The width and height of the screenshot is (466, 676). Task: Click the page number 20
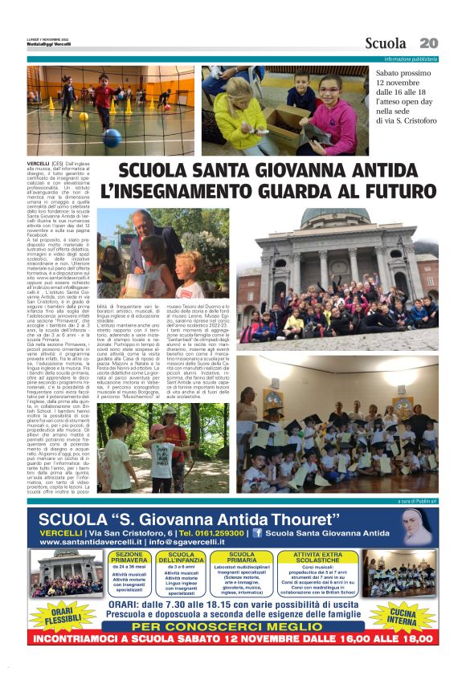(428, 43)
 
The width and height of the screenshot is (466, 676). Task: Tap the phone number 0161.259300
(213, 532)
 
